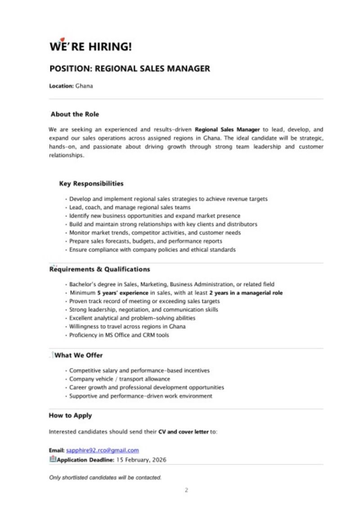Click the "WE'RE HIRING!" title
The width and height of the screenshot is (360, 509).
pyautogui.click(x=90, y=46)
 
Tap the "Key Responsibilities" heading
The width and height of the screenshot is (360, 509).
pyautogui.click(x=91, y=183)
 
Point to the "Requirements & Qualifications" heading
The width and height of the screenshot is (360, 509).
pyautogui.click(x=99, y=269)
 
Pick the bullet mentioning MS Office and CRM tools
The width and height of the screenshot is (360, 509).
pyautogui.click(x=119, y=335)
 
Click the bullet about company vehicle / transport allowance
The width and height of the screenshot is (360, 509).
pyautogui.click(x=120, y=379)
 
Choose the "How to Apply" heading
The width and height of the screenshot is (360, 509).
pyautogui.click(x=70, y=415)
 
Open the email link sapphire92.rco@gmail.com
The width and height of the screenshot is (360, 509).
pyautogui.click(x=102, y=450)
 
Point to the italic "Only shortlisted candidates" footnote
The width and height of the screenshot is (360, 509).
pyautogui.click(x=105, y=478)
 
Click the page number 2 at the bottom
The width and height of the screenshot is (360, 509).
pyautogui.click(x=186, y=490)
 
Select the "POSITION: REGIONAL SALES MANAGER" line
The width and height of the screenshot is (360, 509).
pyautogui.click(x=130, y=69)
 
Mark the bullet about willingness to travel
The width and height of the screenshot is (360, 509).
pyautogui.click(x=127, y=326)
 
